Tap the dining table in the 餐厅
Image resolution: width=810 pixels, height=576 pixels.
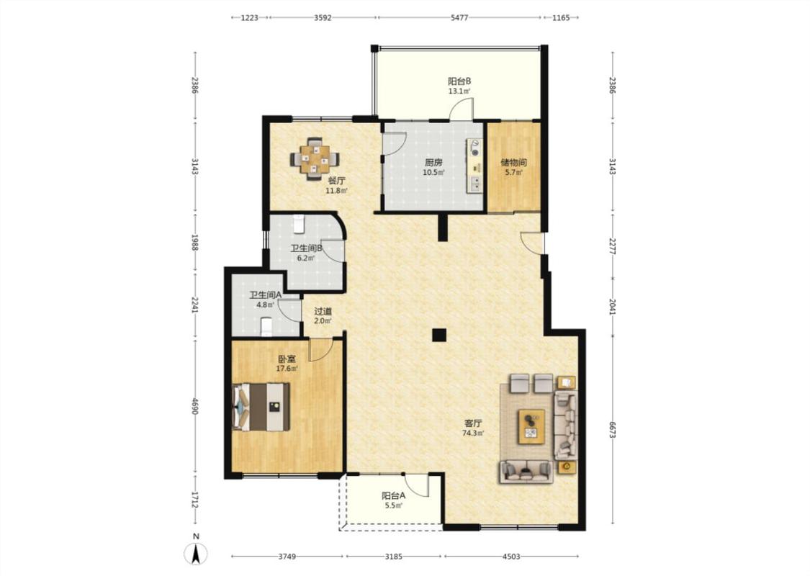coord(315,158)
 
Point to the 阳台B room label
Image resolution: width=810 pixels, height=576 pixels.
coord(459,81)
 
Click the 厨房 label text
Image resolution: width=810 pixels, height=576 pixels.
coord(433,162)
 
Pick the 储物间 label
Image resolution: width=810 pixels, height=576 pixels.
coord(513,162)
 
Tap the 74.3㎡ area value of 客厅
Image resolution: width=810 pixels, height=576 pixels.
coord(473,433)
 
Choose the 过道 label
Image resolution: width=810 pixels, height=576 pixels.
coord(323,312)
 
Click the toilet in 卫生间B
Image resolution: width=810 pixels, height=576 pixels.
coord(299,224)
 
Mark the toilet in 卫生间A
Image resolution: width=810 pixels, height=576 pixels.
coord(266,327)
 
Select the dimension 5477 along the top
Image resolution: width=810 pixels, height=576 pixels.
coord(459,17)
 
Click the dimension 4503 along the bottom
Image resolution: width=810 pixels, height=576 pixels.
coord(511,557)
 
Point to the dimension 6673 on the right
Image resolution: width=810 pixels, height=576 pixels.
coord(612,430)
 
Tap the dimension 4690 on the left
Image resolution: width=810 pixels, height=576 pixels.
coord(194,406)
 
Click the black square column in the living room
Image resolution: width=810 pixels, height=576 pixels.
coord(439,336)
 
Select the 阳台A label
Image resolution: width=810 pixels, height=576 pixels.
coord(394,495)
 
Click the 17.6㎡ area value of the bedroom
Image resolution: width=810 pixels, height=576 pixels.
coord(287,369)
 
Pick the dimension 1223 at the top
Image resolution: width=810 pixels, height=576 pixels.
coord(250,17)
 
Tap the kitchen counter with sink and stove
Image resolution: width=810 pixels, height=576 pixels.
coord(474,166)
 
